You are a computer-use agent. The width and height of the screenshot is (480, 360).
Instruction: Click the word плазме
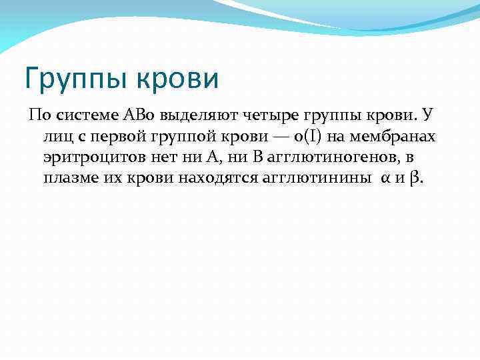click(x=71, y=179)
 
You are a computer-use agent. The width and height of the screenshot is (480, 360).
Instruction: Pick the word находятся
click(x=201, y=179)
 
